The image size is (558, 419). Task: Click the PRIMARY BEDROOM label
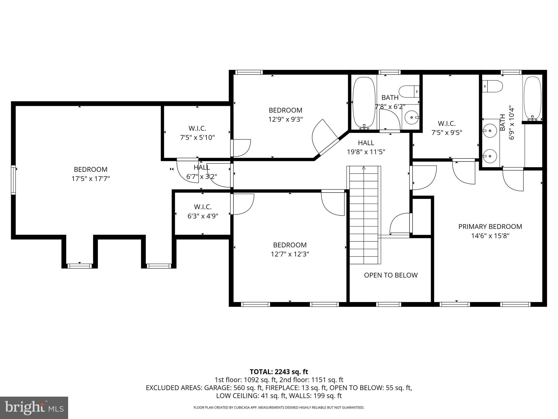click(490, 226)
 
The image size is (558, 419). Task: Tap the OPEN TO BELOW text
click(390, 275)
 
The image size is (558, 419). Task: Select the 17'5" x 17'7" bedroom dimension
click(90, 179)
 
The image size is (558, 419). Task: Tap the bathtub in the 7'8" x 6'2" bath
click(364, 102)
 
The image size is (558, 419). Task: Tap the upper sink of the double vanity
click(490, 131)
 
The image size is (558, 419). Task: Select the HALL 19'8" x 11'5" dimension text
click(366, 152)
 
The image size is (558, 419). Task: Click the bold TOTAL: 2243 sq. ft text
click(278, 372)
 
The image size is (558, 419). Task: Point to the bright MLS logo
click(34, 408)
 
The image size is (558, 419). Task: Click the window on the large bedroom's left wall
click(13, 180)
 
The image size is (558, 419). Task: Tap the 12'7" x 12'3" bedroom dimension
click(290, 254)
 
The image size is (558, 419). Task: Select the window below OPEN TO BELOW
click(388, 304)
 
